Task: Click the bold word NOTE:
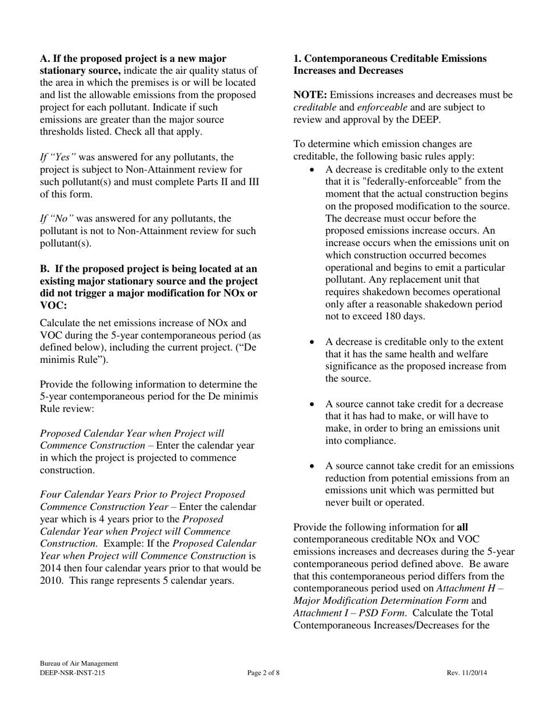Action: (310, 95)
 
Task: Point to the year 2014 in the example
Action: (51, 568)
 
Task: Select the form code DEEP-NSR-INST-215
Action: (73, 673)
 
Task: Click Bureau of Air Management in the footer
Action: (79, 663)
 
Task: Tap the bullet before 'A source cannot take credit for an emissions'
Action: (312, 466)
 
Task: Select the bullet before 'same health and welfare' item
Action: (312, 342)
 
